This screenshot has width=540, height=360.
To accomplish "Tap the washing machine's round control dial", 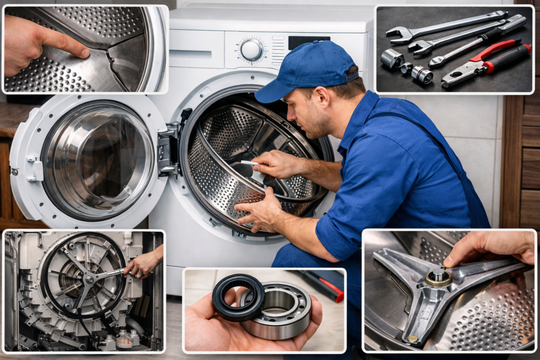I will tap(252, 50).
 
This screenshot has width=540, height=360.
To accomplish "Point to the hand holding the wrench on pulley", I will tap(142, 264).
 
